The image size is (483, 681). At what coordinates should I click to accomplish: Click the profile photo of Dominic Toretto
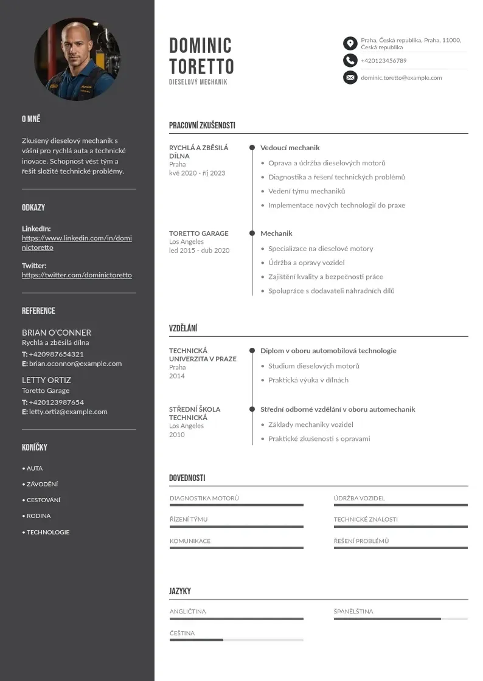pyautogui.click(x=77, y=59)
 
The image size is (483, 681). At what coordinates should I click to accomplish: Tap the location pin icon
pyautogui.click(x=350, y=43)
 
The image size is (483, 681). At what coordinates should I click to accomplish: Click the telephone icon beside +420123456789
pyautogui.click(x=350, y=60)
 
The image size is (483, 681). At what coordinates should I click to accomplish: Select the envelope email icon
pyautogui.click(x=350, y=77)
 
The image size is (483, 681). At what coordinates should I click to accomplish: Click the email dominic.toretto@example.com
pyautogui.click(x=401, y=78)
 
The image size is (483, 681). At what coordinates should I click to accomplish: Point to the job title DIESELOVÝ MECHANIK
pyautogui.click(x=198, y=82)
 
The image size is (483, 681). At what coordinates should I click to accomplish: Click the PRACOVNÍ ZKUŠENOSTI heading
pyautogui.click(x=202, y=126)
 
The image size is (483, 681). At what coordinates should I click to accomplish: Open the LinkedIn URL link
pyautogui.click(x=77, y=243)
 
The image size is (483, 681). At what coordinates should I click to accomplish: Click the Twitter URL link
pyautogui.click(x=77, y=275)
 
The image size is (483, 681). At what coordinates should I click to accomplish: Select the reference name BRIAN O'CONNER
pyautogui.click(x=57, y=333)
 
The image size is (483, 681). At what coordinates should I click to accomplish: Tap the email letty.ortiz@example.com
pyautogui.click(x=68, y=412)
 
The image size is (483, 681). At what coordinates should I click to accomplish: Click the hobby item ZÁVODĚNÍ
pyautogui.click(x=42, y=485)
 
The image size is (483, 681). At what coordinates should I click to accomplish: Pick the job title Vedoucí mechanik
pyautogui.click(x=290, y=148)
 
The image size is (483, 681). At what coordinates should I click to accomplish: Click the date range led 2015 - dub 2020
pyautogui.click(x=199, y=251)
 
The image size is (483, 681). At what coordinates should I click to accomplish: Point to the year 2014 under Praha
pyautogui.click(x=176, y=376)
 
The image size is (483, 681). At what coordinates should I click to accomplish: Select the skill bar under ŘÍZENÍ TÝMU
pyautogui.click(x=236, y=527)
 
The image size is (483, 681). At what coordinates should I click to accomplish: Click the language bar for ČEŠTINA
pyautogui.click(x=236, y=640)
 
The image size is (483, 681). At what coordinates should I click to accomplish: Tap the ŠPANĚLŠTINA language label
pyautogui.click(x=353, y=612)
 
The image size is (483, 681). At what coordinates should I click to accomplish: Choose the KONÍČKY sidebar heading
pyautogui.click(x=35, y=448)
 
